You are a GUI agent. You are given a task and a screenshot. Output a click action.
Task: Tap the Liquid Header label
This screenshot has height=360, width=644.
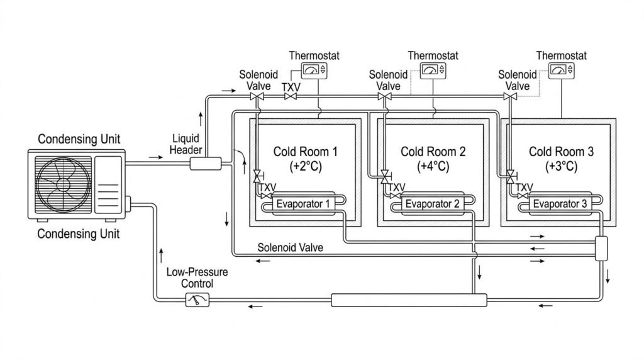[186, 143]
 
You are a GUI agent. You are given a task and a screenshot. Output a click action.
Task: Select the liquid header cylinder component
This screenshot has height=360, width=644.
[206, 164]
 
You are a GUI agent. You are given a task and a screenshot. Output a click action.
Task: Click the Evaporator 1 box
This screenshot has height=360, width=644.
[301, 203]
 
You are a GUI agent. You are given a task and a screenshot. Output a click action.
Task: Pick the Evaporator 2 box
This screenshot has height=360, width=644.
[432, 203]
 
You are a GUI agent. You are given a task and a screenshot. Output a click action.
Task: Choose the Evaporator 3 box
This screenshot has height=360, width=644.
[560, 203]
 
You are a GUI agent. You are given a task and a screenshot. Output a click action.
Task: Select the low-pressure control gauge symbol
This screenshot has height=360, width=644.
[195, 301]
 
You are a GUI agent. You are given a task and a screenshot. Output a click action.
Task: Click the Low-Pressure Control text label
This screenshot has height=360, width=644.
[189, 278]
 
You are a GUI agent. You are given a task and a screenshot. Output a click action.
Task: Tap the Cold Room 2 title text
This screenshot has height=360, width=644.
[433, 152]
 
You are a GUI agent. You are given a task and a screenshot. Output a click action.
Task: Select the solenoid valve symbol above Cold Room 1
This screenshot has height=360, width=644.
[257, 97]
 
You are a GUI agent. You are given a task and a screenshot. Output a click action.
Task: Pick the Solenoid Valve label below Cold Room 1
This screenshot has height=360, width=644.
[291, 248]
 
